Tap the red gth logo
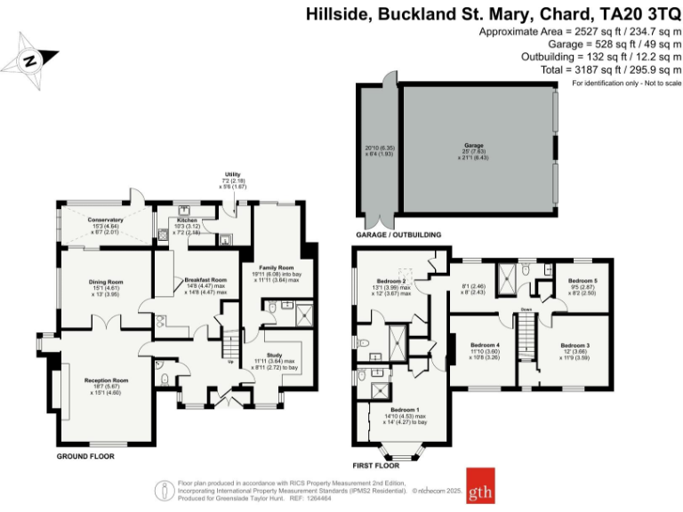pos(481,488)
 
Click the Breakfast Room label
pos(205,280)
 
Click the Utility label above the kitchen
pos(233,175)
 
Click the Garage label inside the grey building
pos(473,144)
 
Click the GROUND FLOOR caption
pos(85,456)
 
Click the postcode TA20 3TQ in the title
pos(642,13)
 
